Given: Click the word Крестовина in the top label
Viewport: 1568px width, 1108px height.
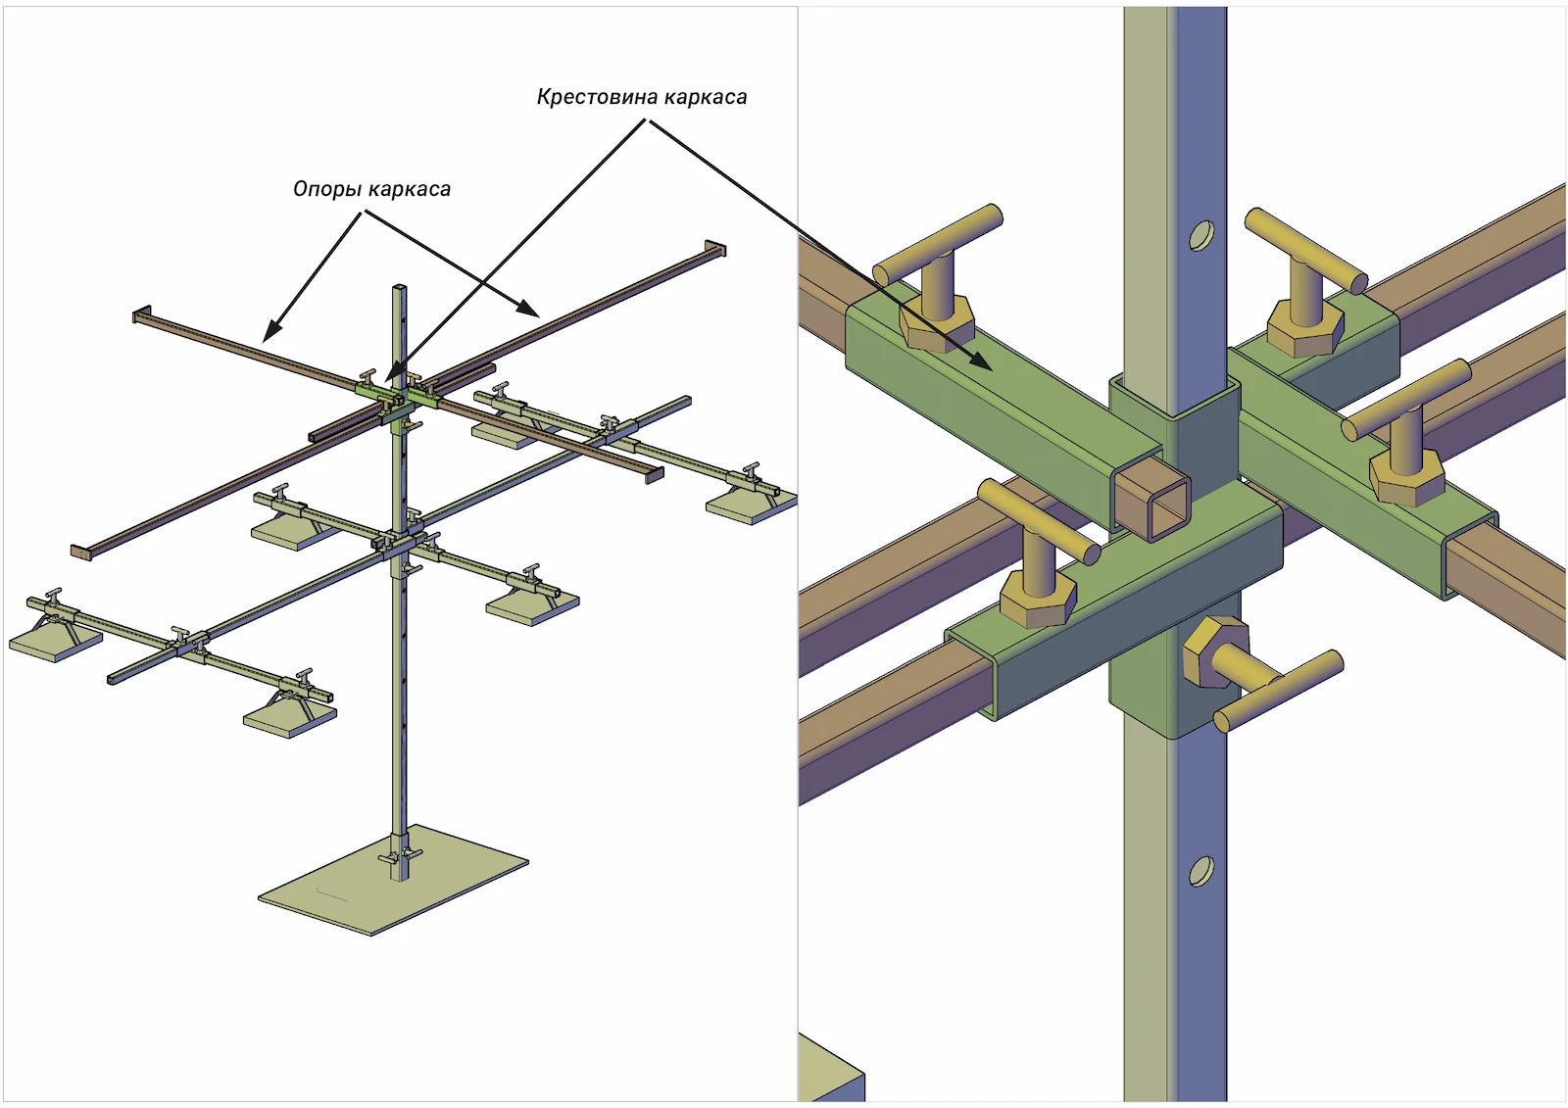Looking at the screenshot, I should tap(598, 97).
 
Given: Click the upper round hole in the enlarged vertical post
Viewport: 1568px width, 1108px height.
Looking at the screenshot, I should tap(1200, 235).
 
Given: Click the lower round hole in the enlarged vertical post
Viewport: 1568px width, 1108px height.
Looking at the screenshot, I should tap(1200, 871).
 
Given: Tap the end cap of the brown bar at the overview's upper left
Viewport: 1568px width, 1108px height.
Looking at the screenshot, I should tap(139, 314).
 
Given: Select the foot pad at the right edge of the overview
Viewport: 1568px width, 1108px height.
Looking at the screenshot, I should tap(750, 506).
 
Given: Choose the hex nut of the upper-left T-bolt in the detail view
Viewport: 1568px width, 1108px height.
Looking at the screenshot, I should tap(936, 323).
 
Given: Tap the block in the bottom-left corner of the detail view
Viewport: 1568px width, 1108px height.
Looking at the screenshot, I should tap(829, 1074).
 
